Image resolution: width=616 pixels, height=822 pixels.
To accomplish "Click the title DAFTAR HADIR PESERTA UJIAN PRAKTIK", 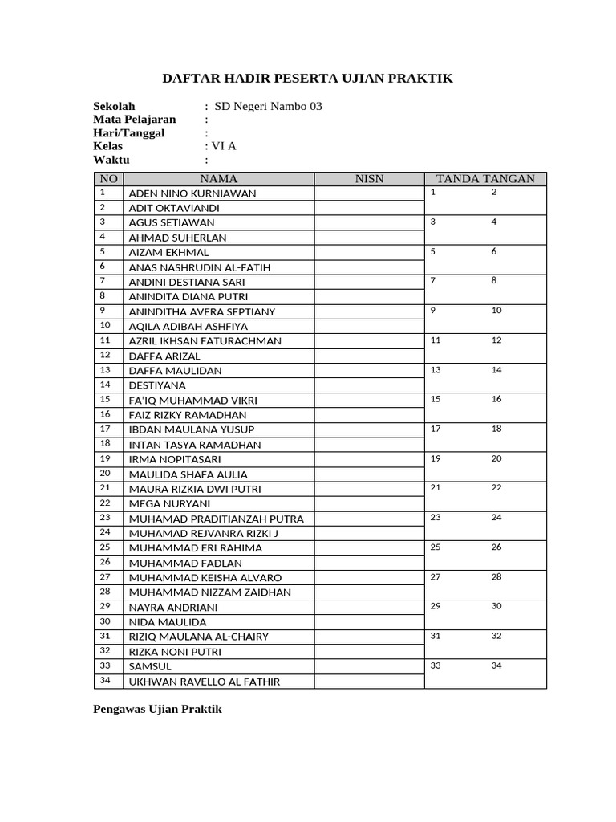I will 308,78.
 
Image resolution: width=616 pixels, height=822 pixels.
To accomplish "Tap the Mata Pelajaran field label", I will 134,120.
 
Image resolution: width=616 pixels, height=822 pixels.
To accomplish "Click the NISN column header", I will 369,178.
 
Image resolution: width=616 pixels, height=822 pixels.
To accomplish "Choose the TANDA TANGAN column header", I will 484,178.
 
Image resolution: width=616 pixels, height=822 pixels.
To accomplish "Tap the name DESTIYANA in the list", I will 157,385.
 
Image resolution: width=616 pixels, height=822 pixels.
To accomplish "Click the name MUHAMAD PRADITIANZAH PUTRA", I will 216,519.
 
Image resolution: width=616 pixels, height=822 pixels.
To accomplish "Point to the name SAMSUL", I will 150,666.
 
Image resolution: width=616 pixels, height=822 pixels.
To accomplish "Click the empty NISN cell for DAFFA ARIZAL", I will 369,356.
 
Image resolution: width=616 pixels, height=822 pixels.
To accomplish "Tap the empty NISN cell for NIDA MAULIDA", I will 369,622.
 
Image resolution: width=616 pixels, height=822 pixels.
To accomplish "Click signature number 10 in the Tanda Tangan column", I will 496,310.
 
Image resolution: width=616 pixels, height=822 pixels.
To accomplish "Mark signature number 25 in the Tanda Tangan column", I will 436,547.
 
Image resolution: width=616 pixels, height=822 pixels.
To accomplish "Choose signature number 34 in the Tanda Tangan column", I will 496,665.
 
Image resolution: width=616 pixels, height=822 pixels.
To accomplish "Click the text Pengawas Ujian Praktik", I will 157,709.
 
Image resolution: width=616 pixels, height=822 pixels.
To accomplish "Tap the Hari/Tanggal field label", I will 129,133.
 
